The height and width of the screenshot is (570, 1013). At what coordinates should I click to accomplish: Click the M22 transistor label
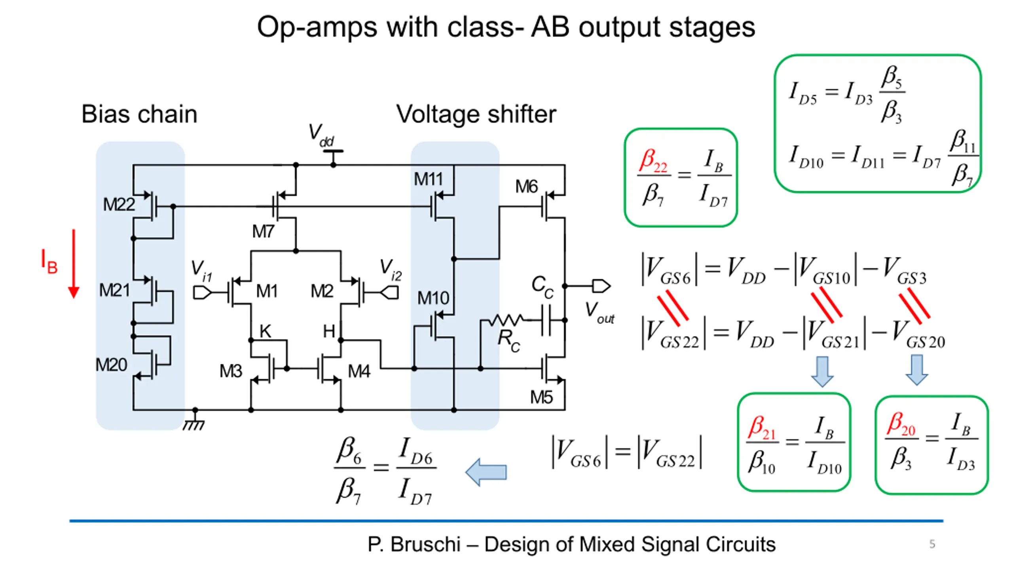pos(119,205)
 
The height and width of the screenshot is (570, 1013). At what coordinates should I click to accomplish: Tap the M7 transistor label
pos(263,231)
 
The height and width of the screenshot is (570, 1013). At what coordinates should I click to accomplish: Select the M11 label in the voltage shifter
pos(428,179)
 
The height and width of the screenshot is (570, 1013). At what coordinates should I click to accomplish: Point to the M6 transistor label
pos(526,186)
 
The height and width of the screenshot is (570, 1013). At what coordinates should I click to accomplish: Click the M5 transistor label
pos(541,397)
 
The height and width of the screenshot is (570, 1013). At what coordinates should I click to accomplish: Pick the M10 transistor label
pos(433,298)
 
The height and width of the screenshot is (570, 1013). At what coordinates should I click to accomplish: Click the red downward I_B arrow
pos(74,264)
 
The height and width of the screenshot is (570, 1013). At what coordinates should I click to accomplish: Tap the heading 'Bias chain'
pos(139,114)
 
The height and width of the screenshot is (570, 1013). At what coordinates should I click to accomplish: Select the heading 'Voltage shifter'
pos(476,114)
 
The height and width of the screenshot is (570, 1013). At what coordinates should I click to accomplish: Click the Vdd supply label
pos(321,135)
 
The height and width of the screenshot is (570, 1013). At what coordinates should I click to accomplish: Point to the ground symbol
pos(194,422)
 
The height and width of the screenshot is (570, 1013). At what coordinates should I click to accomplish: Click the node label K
pos(265,331)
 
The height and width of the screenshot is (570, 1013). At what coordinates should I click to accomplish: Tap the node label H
pos(329,331)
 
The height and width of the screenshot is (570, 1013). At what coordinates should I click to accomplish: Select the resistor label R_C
pos(509,340)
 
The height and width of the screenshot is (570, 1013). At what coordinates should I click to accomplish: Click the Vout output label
pos(599,312)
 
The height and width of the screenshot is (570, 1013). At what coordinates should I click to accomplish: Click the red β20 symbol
pos(901,425)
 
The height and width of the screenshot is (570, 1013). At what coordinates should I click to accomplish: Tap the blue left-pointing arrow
pos(486,472)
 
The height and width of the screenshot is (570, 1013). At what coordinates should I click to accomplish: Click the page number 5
pos(932,544)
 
